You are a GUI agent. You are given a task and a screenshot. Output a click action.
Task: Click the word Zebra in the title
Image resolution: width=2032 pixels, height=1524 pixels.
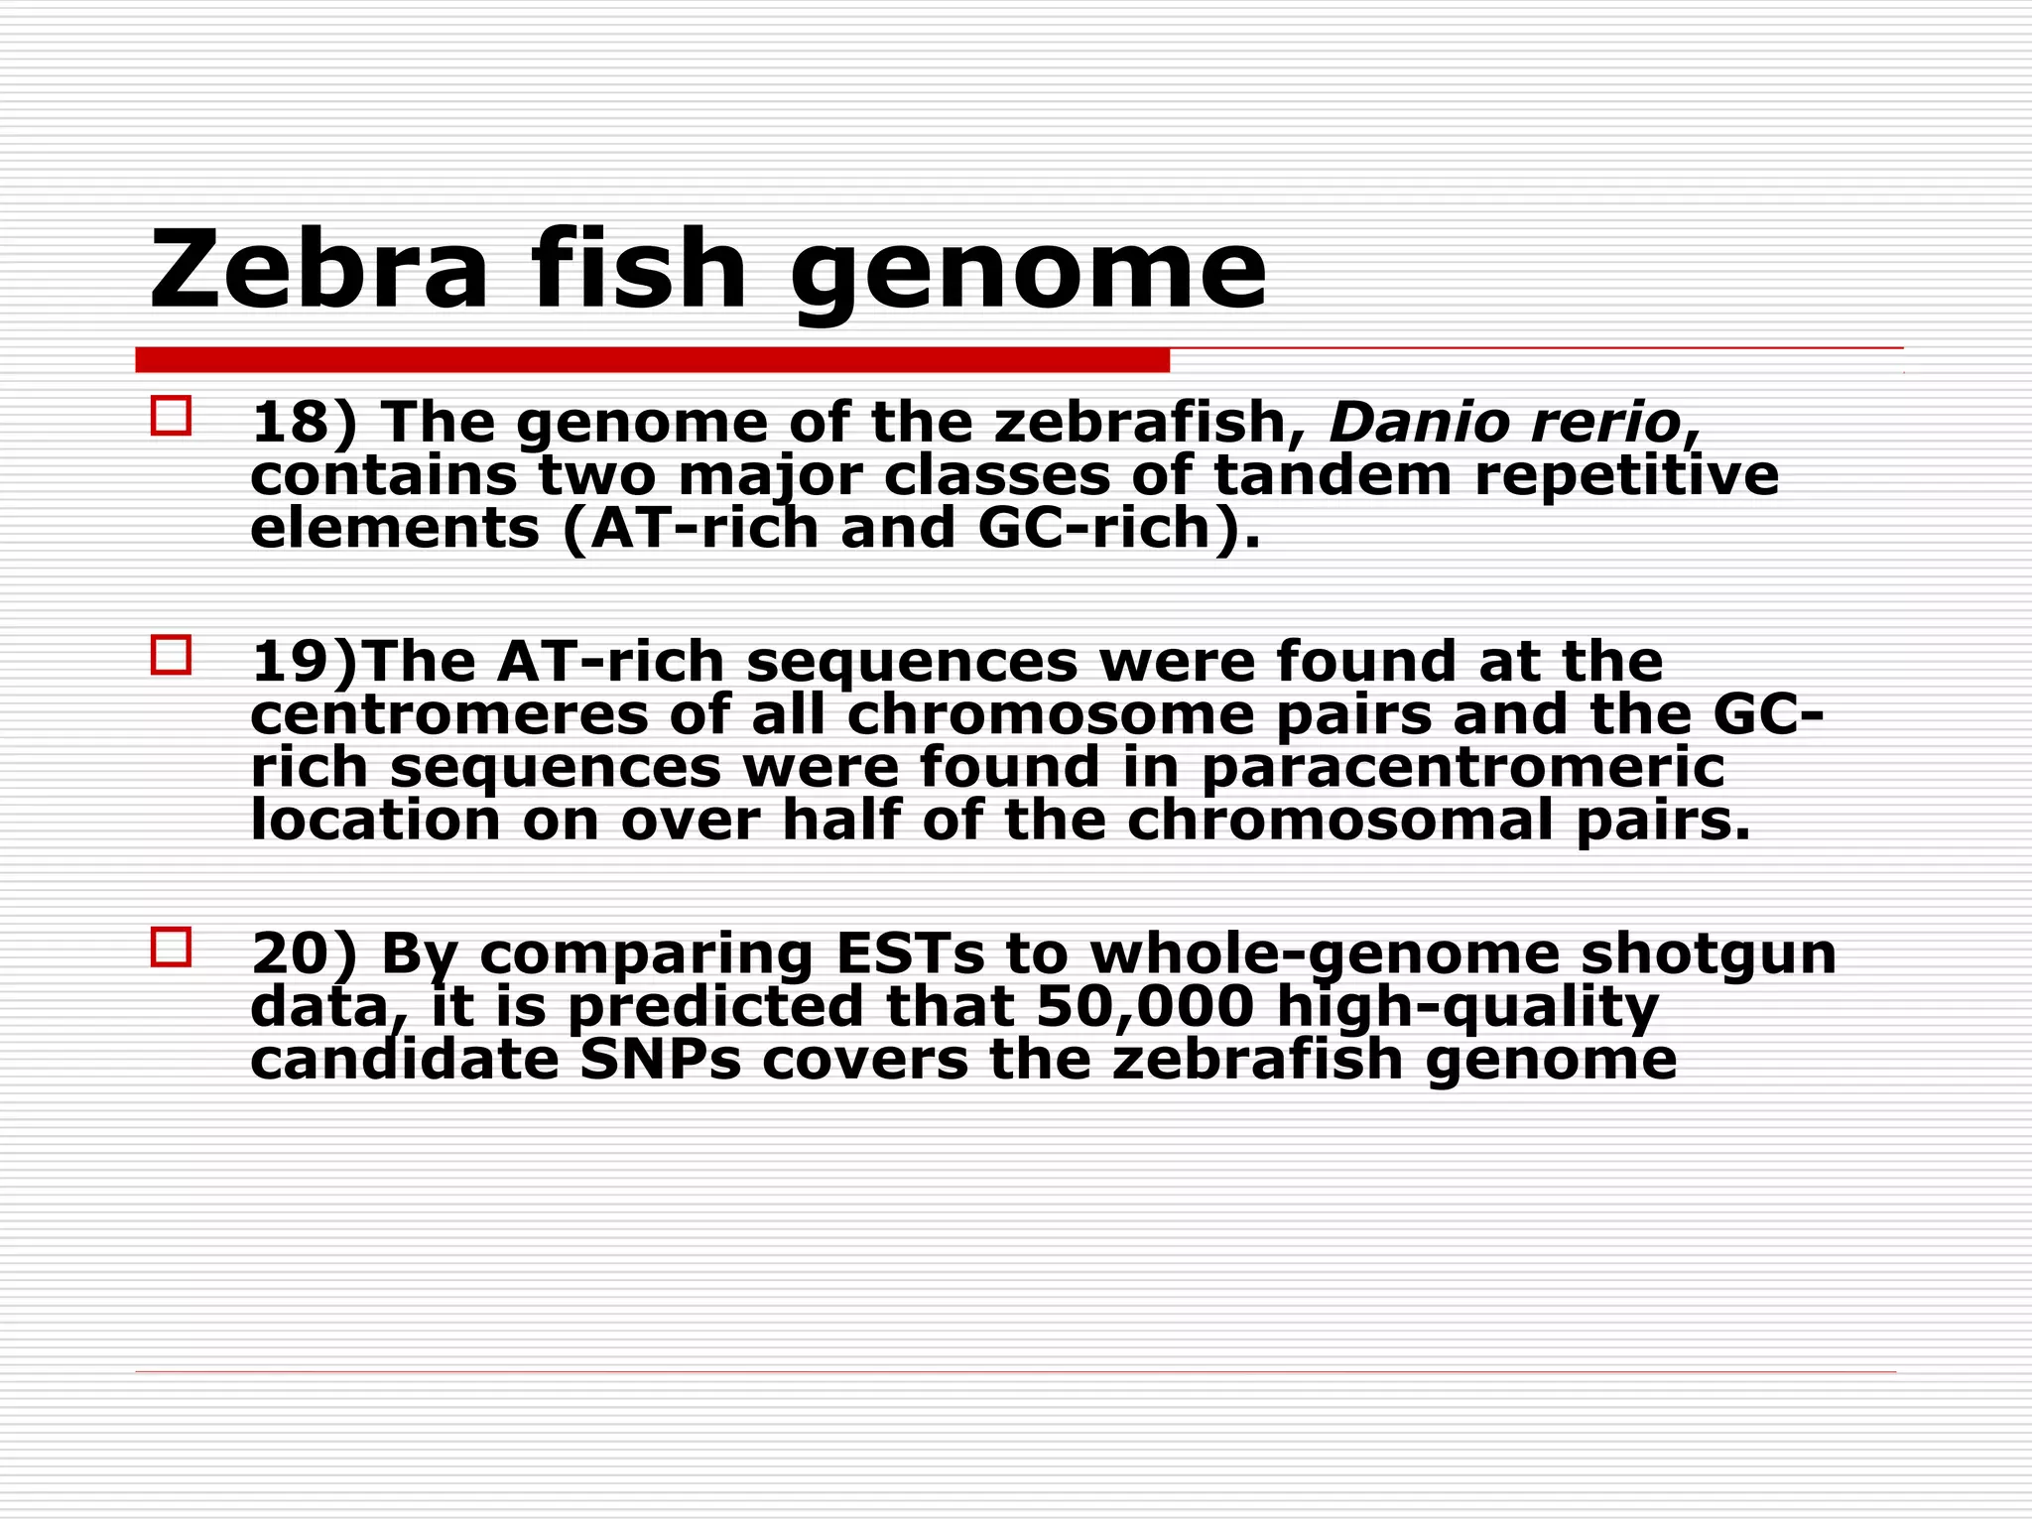tap(318, 270)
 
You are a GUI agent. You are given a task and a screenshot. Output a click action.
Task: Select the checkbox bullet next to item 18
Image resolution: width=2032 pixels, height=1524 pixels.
tap(171, 416)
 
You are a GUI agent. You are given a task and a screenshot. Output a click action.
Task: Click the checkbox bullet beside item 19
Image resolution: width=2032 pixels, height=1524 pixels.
tap(171, 655)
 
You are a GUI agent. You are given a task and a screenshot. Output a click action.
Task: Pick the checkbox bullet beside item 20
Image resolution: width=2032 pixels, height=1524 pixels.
tap(171, 947)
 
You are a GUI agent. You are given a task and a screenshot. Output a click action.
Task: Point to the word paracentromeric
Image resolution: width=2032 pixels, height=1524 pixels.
tap(1463, 768)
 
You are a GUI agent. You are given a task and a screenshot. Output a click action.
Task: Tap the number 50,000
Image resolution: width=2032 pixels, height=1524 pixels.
tap(1146, 1007)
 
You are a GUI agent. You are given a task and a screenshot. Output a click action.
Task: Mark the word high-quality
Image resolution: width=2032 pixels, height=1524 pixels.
tap(1467, 1007)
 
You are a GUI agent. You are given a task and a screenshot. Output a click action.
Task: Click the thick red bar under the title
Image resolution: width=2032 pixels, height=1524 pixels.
tap(652, 360)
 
